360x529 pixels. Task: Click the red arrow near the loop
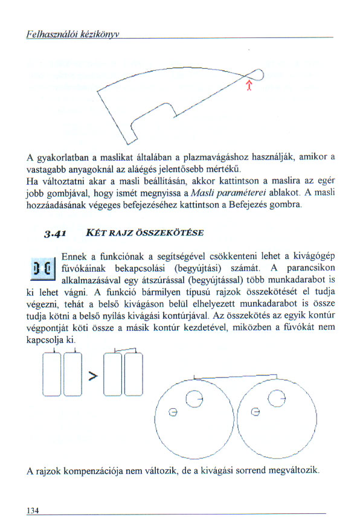click(x=249, y=85)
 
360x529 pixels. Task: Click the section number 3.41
click(x=54, y=234)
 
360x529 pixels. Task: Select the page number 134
click(x=33, y=510)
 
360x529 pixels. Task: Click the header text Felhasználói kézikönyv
click(x=72, y=34)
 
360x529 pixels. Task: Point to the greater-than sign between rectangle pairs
click(x=93, y=376)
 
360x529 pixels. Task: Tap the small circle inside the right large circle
click(x=256, y=412)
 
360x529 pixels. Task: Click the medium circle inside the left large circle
click(x=194, y=399)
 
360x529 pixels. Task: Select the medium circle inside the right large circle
click(x=277, y=399)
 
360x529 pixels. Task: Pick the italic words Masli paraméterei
click(x=228, y=193)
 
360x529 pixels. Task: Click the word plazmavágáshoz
click(x=216, y=157)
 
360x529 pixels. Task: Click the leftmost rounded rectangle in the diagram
click(x=52, y=374)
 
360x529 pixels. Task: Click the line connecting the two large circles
click(x=236, y=376)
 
